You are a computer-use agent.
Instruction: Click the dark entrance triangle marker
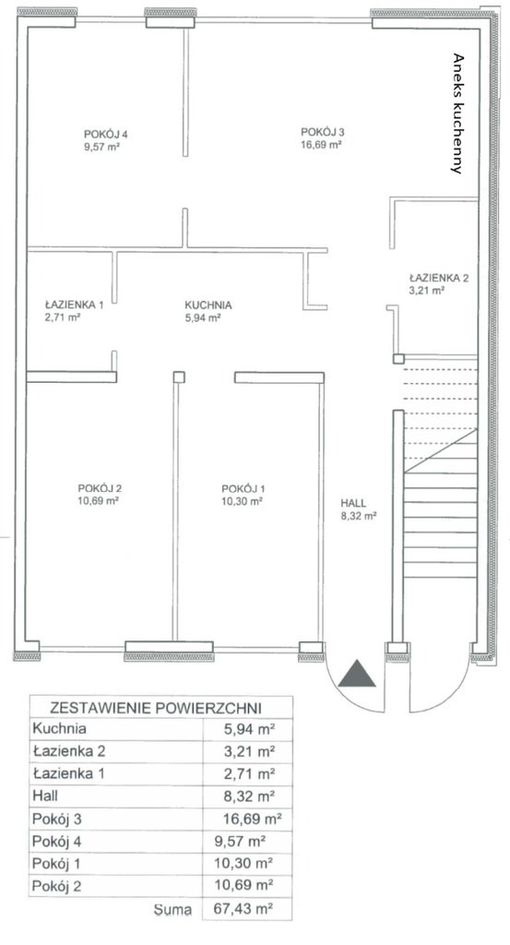pos(357,675)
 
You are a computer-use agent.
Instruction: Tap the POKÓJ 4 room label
pos(106,135)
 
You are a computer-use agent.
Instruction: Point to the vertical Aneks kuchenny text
pos(458,114)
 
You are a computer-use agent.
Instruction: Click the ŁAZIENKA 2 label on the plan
pos(438,279)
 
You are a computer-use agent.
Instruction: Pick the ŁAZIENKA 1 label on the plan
pos(74,305)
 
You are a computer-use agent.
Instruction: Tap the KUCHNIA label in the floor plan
pos(208,305)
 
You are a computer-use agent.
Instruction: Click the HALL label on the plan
pos(353,503)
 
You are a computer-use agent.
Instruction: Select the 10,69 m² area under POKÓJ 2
pos(98,500)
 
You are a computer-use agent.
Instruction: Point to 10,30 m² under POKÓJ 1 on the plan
pos(242,500)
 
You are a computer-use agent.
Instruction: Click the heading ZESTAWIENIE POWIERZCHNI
pos(156,707)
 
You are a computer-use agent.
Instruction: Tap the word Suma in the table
pos(172,909)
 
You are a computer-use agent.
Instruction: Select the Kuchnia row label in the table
pos(60,729)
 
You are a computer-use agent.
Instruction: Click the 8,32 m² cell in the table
pos(249,796)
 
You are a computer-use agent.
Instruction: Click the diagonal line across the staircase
pos(441,450)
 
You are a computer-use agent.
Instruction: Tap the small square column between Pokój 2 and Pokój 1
pos(179,377)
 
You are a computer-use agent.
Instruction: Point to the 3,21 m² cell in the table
pos(249,751)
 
